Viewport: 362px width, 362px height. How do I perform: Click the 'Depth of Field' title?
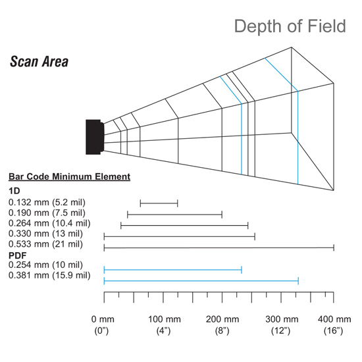290,26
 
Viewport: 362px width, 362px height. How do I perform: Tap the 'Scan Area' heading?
39,62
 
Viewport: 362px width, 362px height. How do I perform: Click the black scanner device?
95,137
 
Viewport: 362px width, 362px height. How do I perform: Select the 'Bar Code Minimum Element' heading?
70,176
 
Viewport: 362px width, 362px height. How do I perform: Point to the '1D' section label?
14,191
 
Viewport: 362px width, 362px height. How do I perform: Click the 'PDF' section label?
18,255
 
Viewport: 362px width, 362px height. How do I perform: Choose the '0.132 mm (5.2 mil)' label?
47,203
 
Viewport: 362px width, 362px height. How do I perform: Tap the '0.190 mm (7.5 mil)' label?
47,213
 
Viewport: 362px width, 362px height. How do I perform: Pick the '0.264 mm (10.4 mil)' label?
49,223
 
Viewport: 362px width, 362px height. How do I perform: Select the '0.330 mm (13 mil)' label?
45,234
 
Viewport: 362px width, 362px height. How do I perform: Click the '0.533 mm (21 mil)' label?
45,244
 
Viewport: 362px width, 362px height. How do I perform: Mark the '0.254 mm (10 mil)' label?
45,265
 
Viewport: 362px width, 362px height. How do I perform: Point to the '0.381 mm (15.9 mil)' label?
49,275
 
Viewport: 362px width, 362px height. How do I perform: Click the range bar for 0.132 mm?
159,203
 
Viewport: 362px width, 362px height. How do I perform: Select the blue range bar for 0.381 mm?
201,281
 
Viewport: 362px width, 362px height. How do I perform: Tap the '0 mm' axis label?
103,319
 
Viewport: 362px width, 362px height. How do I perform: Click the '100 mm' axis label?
165,319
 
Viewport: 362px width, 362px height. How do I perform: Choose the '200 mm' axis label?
222,319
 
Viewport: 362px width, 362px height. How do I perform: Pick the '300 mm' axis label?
282,319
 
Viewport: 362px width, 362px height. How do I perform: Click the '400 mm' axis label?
334,319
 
